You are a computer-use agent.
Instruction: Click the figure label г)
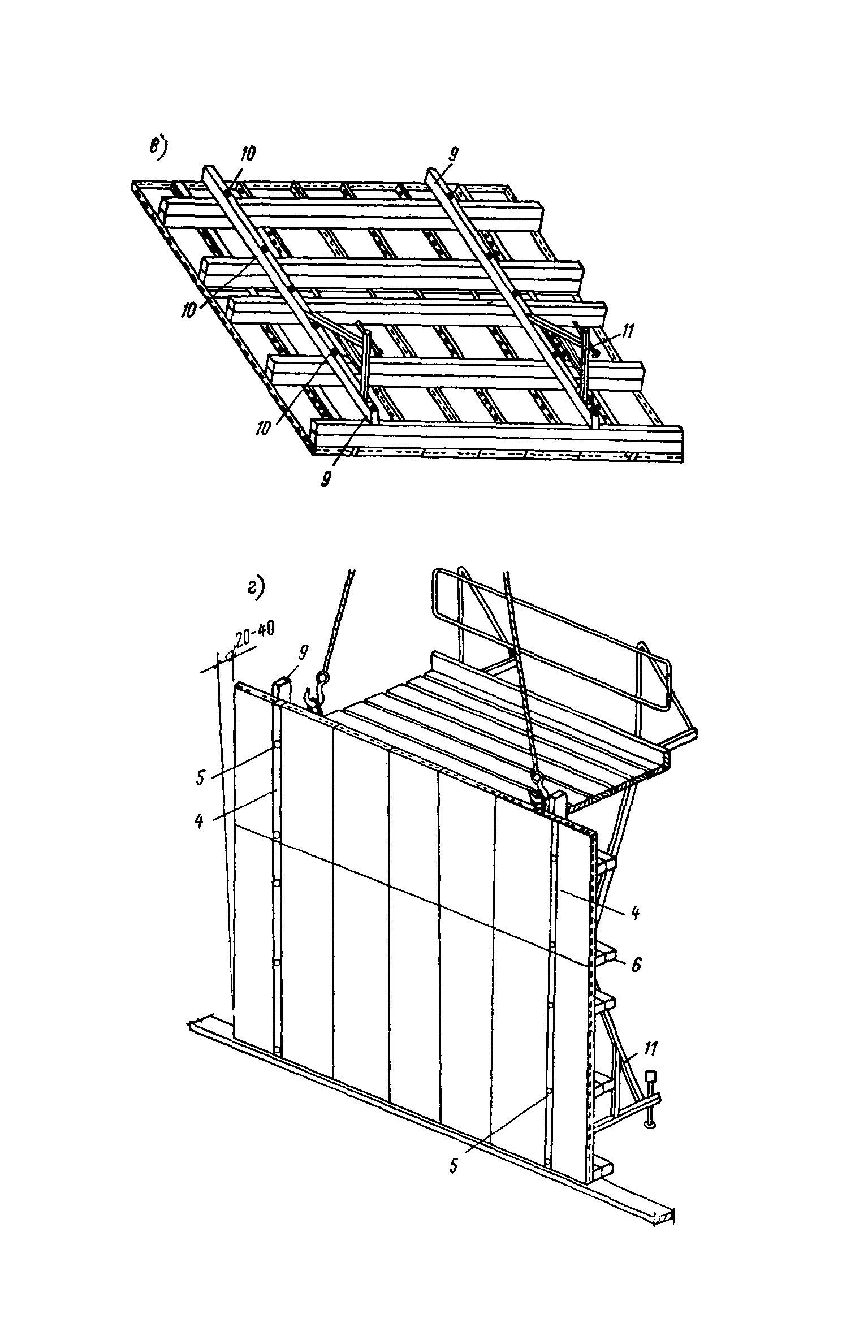[256, 590]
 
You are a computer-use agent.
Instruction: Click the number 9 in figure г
[304, 654]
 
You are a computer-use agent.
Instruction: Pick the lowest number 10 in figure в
[264, 428]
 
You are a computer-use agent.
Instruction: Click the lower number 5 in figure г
[453, 1166]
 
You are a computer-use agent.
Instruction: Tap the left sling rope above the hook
[338, 622]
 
